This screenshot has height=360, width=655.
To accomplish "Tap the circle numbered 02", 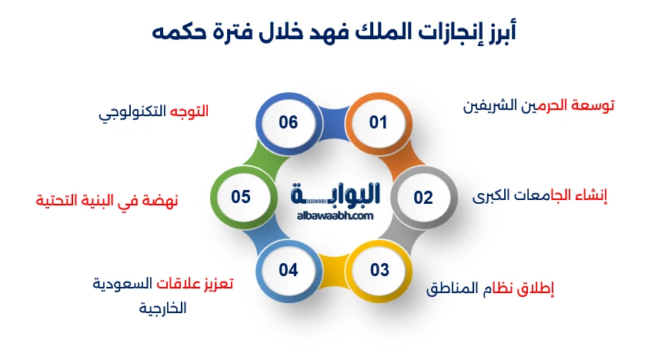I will coord(423,198).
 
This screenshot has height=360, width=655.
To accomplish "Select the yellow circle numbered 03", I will coord(379,270).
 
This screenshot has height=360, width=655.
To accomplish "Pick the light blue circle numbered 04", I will coord(288,270).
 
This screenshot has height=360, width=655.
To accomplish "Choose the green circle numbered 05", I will coord(241,198).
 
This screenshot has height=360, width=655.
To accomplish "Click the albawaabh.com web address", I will coord(334,216).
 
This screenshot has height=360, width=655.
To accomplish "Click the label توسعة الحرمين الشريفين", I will coord(538,105).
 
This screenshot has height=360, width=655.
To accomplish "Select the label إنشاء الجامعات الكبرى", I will coord(540,196).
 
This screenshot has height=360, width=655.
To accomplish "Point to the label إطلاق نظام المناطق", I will coord(490,289).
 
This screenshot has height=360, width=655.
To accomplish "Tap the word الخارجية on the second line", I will coord(162,308).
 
